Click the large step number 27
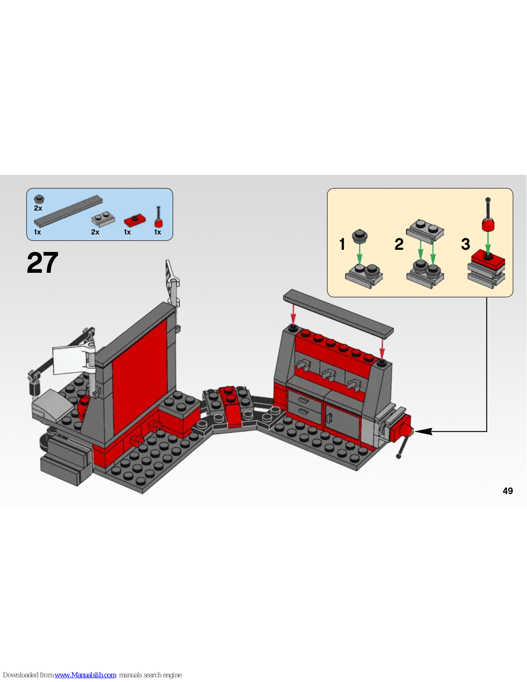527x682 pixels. tap(42, 263)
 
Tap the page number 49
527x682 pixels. tap(507, 491)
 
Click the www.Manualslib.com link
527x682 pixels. tap(85, 675)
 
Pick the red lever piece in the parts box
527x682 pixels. tap(159, 217)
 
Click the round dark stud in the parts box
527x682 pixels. tap(39, 199)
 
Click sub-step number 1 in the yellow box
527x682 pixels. tap(343, 244)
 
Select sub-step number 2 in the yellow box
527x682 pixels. tap(399, 244)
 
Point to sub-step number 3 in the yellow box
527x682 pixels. tap(466, 244)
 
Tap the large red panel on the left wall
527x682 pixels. tap(140, 377)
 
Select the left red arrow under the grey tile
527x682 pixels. tap(293, 315)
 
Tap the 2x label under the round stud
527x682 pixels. tap(38, 208)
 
